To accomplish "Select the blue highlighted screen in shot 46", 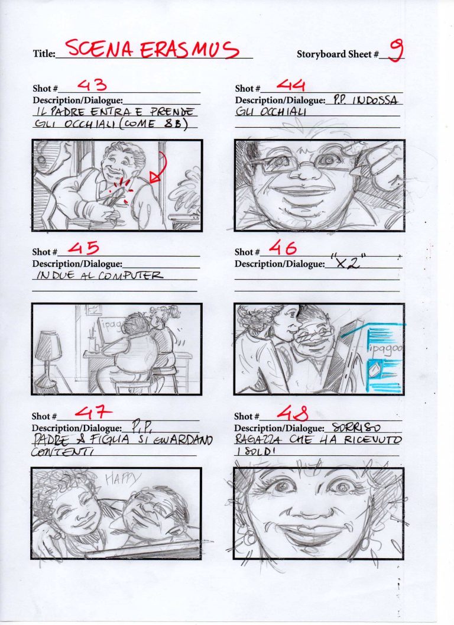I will [384, 358].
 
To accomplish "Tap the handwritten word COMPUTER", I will [136, 276].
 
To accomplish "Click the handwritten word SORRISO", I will [356, 427].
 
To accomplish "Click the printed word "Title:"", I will [43, 54].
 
